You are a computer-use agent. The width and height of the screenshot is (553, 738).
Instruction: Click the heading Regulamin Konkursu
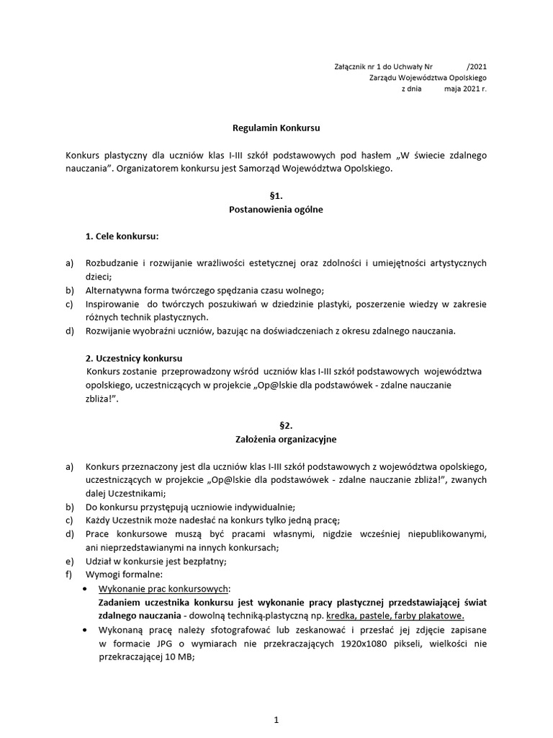(x=276, y=128)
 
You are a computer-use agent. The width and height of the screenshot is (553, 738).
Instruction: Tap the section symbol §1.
(x=276, y=195)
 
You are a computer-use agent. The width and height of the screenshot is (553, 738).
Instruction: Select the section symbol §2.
(x=276, y=424)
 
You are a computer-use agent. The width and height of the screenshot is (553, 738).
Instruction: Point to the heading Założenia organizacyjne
(x=276, y=438)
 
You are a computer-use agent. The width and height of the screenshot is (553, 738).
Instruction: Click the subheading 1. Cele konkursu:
(x=122, y=236)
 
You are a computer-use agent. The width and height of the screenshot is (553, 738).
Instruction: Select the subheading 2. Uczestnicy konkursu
(x=134, y=358)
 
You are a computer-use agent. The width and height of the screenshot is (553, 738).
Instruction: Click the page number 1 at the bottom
(x=276, y=719)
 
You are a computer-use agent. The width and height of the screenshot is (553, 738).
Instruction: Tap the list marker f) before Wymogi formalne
(x=70, y=575)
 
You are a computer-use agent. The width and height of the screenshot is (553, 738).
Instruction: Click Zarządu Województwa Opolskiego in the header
(x=427, y=78)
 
